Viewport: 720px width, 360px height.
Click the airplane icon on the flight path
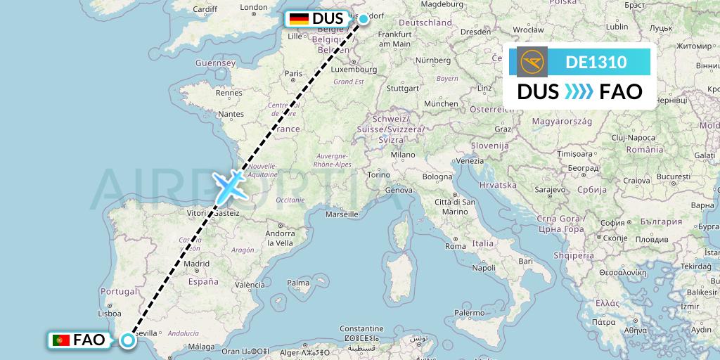click(229, 184)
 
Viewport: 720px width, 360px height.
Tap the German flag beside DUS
click(299, 19)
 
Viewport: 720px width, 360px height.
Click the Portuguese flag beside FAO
click(60, 340)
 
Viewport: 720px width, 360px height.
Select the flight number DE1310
click(596, 62)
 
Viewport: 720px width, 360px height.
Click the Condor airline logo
click(532, 62)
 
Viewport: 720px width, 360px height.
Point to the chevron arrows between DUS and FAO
click(579, 91)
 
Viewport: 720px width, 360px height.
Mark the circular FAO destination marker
click(128, 340)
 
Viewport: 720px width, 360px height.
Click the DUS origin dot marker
click(364, 19)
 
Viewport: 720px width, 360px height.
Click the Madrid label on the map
click(197, 264)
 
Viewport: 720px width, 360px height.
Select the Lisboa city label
click(111, 314)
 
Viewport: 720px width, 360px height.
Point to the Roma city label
click(456, 246)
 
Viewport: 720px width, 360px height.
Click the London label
click(254, 8)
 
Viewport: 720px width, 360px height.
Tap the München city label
click(441, 103)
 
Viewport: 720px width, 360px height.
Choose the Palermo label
click(469, 311)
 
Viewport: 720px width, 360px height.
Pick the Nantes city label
click(231, 113)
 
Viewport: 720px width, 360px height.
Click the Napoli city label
click(484, 267)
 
